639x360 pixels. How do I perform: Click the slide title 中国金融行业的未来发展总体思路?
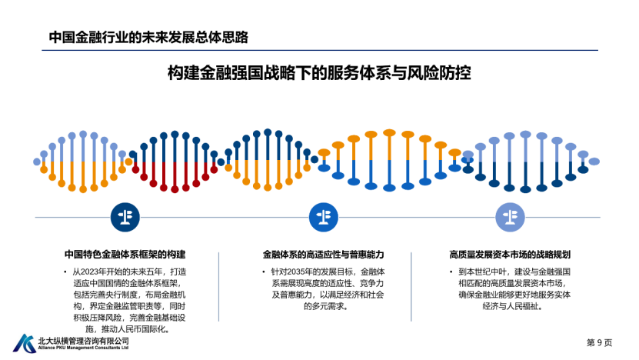click(x=148, y=38)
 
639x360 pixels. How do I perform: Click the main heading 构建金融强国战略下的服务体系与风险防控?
click(x=319, y=73)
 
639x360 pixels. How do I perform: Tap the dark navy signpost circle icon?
click(x=125, y=217)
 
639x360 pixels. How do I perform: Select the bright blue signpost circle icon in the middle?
click(x=324, y=217)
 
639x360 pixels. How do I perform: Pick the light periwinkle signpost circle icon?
click(x=510, y=217)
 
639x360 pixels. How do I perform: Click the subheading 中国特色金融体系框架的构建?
click(x=125, y=255)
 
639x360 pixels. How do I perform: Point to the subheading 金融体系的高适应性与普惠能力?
click(x=323, y=255)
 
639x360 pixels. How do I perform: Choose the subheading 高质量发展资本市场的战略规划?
click(x=510, y=255)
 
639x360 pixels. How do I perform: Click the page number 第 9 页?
click(x=599, y=342)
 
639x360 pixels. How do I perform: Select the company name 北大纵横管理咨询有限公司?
click(x=84, y=341)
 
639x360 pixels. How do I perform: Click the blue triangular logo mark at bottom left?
click(x=25, y=343)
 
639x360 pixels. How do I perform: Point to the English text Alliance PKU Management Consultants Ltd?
click(x=83, y=348)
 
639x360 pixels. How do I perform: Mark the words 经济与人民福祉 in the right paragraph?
click(x=510, y=306)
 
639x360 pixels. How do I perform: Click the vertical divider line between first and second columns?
click(x=219, y=287)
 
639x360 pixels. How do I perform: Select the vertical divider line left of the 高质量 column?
click(x=411, y=287)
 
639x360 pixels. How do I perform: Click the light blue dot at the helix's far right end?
click(x=594, y=162)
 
